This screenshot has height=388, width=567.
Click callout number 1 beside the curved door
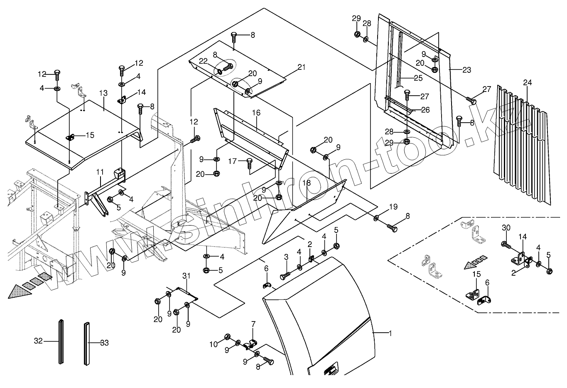click(x=390, y=333)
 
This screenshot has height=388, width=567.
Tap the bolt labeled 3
click(x=285, y=276)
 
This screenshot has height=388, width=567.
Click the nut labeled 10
click(x=227, y=337)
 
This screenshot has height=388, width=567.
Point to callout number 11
click(x=100, y=172)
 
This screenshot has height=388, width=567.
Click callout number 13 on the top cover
click(x=103, y=93)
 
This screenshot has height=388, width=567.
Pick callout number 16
click(x=256, y=113)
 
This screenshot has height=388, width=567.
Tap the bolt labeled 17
click(x=249, y=163)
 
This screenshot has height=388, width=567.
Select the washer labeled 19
click(x=376, y=217)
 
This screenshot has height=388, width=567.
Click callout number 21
click(x=301, y=67)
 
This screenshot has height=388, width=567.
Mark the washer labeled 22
click(x=220, y=72)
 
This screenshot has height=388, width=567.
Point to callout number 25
click(x=418, y=78)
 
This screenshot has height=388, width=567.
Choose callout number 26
click(x=425, y=110)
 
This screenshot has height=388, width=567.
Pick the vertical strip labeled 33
click(x=87, y=344)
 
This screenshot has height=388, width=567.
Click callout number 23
click(x=466, y=70)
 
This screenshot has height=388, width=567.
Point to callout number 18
click(x=306, y=183)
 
